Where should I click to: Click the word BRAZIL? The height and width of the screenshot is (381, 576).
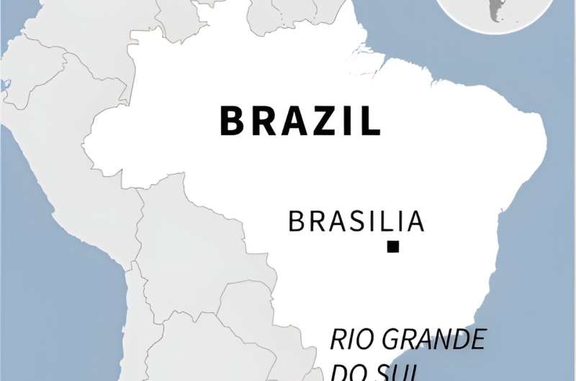pos(300,121)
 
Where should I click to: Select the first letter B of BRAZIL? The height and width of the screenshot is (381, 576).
pos(233,121)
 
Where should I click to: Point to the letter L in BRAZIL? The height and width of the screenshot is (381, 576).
pos(371,121)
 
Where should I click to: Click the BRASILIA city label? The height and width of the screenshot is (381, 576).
pos(356,221)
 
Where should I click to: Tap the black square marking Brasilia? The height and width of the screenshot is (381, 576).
pos(392,247)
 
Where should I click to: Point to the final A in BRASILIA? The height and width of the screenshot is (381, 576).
pos(413,221)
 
